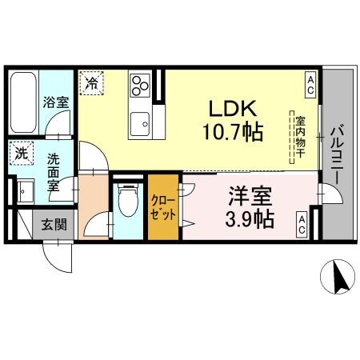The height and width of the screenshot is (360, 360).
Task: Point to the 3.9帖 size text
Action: click(x=248, y=218)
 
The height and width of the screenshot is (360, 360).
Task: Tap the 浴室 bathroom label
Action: click(x=55, y=102)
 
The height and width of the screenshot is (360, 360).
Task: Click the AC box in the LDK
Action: click(x=310, y=81)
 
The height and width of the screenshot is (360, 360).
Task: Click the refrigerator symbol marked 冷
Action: click(x=92, y=82)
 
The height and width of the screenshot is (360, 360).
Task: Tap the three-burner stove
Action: click(x=141, y=85)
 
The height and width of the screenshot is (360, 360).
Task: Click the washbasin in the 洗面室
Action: click(x=24, y=190)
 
